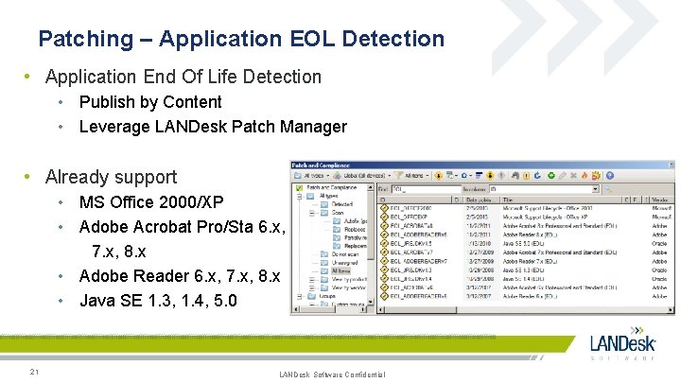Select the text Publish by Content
[150, 102]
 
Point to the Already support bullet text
[111, 177]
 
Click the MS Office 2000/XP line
[151, 202]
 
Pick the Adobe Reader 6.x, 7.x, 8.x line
[180, 277]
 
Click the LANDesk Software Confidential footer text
[332, 375]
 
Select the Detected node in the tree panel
[341, 204]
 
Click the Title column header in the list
[508, 200]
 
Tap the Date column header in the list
[477, 200]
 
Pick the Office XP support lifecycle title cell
[549, 216]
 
